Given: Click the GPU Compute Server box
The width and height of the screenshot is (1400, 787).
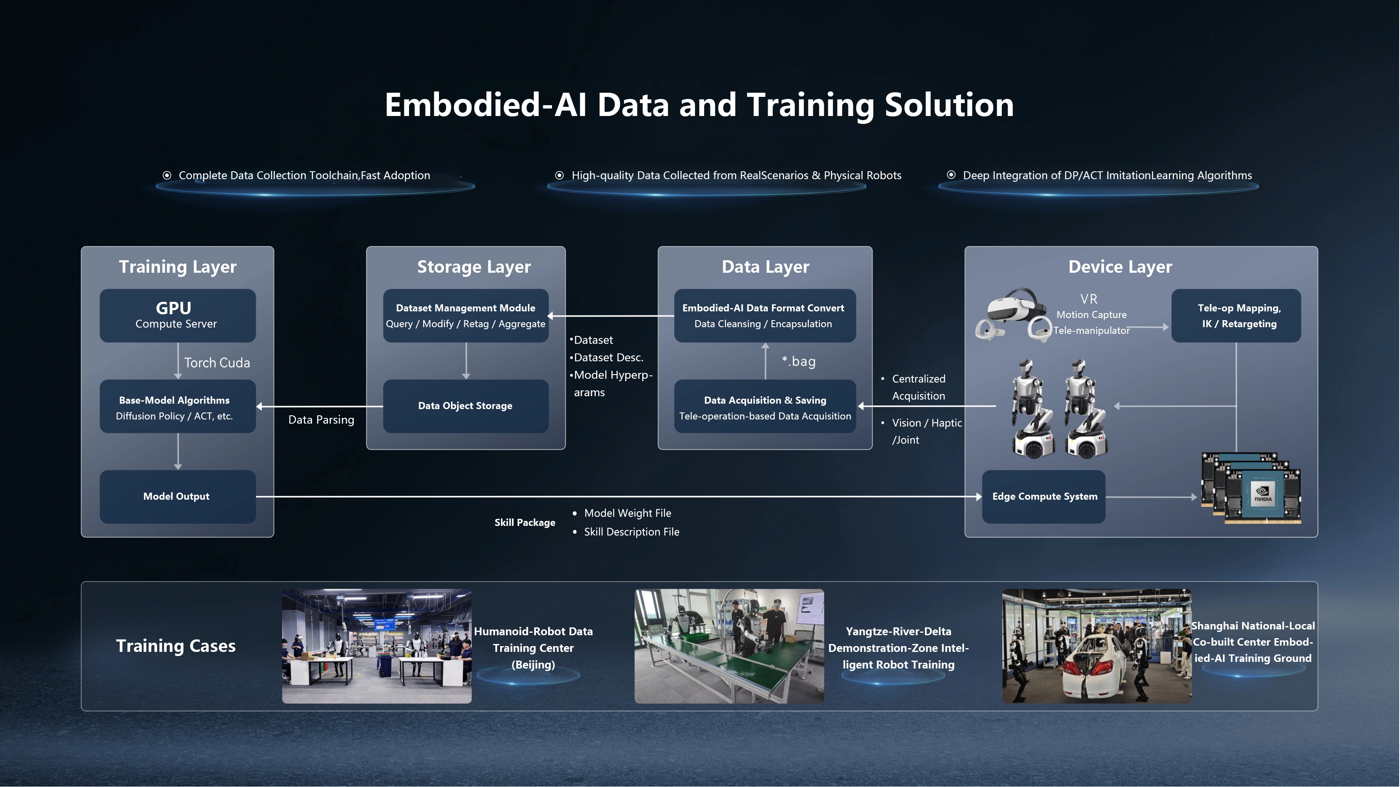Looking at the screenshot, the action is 178,315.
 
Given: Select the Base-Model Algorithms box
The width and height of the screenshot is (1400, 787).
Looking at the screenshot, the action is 178,406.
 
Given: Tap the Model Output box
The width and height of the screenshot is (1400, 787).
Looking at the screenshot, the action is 178,496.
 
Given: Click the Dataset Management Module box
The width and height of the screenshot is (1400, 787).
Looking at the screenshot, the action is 466,315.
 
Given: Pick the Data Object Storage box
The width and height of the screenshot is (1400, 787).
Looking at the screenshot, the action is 466,406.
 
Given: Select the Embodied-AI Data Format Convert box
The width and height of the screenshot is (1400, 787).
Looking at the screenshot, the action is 765,315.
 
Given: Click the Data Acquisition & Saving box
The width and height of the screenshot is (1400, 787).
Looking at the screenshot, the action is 765,406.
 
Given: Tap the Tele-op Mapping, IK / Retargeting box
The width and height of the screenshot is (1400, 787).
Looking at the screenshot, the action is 1236,315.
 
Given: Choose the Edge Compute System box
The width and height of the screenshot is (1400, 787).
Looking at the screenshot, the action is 1043,496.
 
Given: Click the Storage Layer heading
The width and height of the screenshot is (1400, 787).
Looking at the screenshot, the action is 474,267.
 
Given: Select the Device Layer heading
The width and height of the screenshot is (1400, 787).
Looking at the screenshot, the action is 1120,267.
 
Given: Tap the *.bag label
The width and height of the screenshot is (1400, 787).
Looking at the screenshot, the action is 799,361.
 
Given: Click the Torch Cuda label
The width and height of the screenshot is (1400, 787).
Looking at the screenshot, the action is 217,363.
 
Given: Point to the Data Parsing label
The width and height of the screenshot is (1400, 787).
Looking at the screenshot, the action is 321,419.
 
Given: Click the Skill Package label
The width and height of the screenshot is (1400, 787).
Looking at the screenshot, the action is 525,522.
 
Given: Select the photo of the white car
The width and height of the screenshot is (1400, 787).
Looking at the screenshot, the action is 1097,646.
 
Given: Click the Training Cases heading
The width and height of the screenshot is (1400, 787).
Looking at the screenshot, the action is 175,646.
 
